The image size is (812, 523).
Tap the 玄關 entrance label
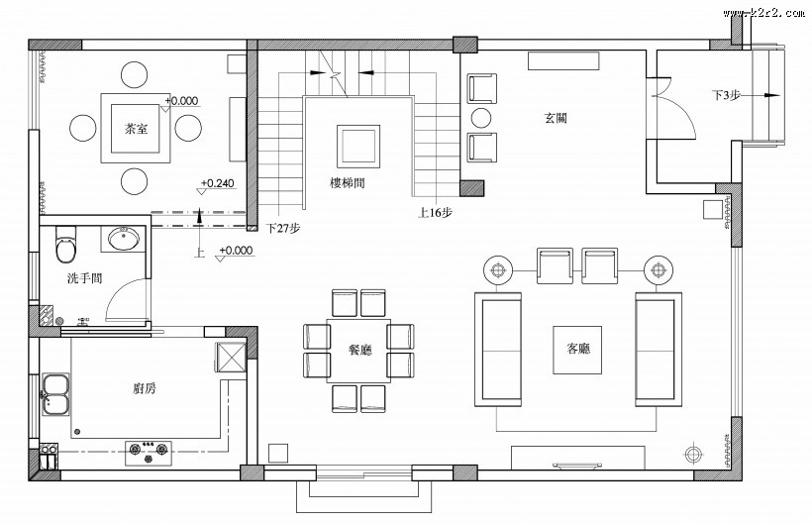pyautogui.click(x=555, y=118)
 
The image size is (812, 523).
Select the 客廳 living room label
pyautogui.click(x=578, y=349)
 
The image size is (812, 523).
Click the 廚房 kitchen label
pyautogui.click(x=144, y=388)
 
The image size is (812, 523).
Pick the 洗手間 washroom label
pyautogui.click(x=85, y=278)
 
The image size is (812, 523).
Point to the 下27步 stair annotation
pyautogui.click(x=283, y=228)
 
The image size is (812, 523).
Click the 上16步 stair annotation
pyautogui.click(x=436, y=211)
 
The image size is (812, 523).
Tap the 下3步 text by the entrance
pyautogui.click(x=727, y=95)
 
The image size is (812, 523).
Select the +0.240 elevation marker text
pyautogui.click(x=218, y=183)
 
